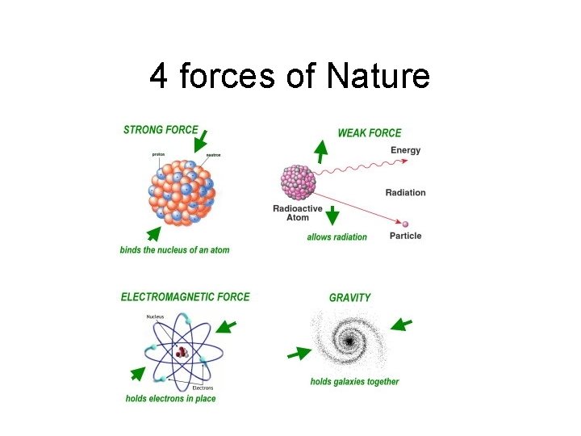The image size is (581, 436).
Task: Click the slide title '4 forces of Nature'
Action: tap(290, 78)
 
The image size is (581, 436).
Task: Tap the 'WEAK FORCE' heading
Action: tap(369, 132)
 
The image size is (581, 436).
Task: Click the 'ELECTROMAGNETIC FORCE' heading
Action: tap(186, 296)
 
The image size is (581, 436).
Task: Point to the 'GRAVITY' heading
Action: tap(350, 297)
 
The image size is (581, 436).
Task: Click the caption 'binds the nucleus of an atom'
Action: tap(174, 249)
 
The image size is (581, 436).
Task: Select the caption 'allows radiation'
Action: tap(336, 237)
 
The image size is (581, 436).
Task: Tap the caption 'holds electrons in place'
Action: tap(170, 398)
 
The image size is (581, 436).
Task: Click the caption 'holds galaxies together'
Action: tap(354, 381)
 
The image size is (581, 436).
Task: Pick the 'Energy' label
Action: tap(405, 150)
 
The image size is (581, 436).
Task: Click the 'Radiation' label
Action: tap(405, 192)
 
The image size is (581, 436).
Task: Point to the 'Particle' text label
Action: tap(405, 236)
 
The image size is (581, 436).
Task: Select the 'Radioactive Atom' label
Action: tap(297, 213)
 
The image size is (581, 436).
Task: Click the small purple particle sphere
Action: tap(405, 224)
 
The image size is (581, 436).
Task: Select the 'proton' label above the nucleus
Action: tap(159, 154)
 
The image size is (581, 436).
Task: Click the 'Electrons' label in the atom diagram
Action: tap(203, 388)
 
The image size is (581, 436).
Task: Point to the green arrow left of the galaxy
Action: tap(299, 354)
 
